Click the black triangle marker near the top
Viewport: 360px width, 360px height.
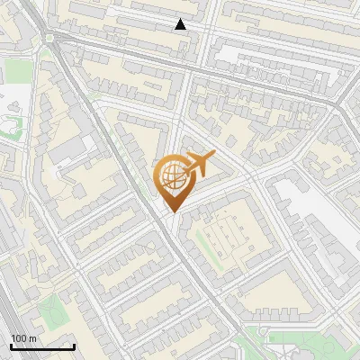tap(180, 24)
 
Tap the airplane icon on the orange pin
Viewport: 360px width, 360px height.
tap(199, 164)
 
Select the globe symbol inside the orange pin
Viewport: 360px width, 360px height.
tap(171, 175)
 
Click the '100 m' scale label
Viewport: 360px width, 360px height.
tap(23, 338)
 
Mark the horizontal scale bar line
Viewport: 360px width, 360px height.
tap(42, 346)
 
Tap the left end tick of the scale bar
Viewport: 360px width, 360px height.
tap(11, 346)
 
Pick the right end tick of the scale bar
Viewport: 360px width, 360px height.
tap(74, 346)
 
